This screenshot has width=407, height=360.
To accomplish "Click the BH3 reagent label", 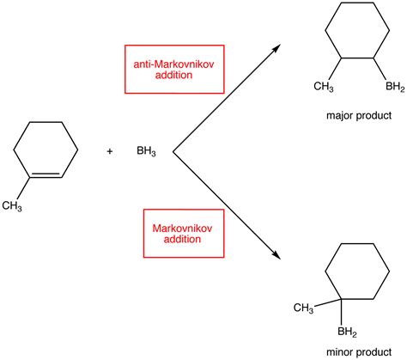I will (146, 153).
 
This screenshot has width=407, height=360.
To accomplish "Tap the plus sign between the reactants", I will (110, 153).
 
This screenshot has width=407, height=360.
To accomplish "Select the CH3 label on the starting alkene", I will (12, 204).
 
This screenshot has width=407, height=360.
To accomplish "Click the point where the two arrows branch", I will (174, 153).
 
